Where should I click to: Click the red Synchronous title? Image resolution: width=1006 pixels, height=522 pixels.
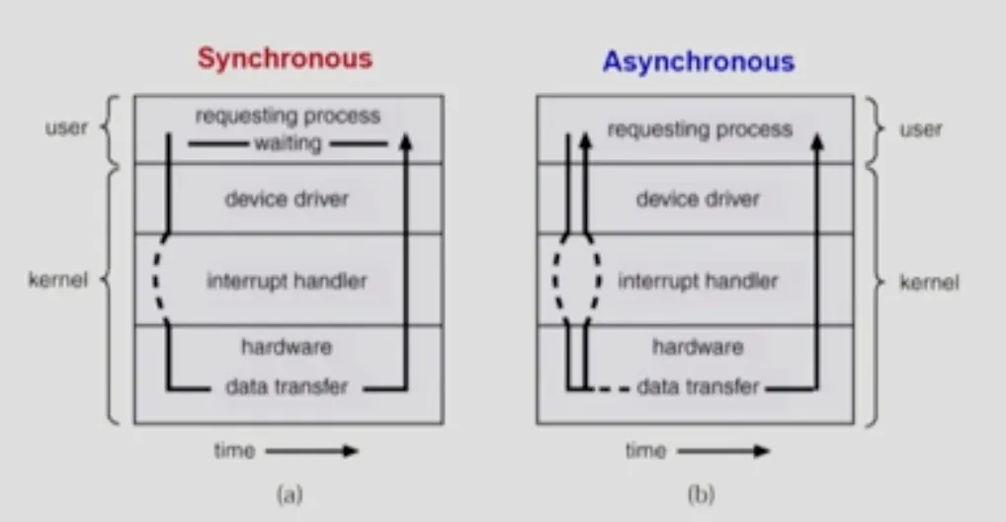point(285,58)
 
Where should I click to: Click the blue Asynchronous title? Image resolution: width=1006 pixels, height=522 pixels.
point(699,62)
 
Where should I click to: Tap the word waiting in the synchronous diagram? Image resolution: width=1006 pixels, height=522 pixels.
point(289,143)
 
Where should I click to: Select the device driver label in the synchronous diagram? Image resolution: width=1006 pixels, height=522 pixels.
point(287,199)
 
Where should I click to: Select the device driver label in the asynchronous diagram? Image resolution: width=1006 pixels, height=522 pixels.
point(698,199)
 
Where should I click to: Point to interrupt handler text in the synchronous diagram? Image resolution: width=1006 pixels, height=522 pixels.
point(287,281)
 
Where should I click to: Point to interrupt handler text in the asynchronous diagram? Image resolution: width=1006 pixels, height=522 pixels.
point(698,281)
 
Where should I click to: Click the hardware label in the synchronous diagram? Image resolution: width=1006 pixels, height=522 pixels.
point(287,347)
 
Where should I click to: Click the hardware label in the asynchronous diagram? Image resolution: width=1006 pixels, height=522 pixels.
point(698,347)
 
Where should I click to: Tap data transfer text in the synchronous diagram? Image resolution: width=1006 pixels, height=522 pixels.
point(287,387)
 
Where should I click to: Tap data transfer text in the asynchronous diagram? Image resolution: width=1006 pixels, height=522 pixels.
point(698,387)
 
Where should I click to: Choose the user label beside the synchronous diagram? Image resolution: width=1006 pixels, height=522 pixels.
point(66,128)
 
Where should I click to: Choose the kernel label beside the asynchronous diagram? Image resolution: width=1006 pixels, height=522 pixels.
point(929,283)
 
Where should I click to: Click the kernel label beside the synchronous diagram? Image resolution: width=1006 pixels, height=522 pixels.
point(57,280)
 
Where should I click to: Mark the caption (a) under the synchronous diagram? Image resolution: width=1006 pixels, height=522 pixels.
point(290,494)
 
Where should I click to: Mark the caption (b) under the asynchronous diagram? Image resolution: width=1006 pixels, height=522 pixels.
point(702,494)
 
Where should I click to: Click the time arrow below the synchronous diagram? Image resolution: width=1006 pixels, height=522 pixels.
point(312,451)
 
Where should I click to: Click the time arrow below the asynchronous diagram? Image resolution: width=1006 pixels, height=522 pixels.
point(723,451)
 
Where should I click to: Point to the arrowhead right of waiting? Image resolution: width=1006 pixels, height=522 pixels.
point(405,140)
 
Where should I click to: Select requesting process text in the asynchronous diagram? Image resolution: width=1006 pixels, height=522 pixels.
point(700,130)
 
